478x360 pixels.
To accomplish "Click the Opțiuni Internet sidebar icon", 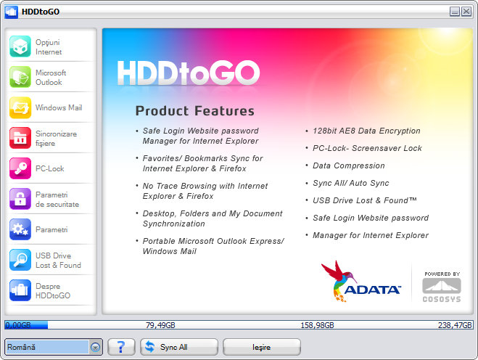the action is (x=20, y=46).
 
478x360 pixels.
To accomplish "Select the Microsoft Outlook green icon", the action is (x=20, y=77).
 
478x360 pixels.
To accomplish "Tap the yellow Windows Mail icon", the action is (x=20, y=107).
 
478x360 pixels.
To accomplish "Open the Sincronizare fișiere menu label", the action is (x=56, y=139).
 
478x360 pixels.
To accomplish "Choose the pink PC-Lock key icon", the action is (x=20, y=168).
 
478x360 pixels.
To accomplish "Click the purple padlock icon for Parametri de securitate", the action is (x=20, y=199).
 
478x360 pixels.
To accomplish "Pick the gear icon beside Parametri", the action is (x=20, y=229).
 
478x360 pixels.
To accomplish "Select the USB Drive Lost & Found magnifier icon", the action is (x=20, y=260).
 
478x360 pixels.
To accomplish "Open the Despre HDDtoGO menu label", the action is (x=53, y=291).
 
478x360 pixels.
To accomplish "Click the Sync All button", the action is (x=179, y=347).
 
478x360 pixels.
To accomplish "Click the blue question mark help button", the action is (x=121, y=347).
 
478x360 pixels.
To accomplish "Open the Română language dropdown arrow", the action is (x=96, y=347).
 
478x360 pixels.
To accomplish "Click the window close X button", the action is (x=466, y=12).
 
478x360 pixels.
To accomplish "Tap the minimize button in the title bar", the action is (x=455, y=12).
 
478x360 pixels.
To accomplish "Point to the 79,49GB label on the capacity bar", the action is (x=160, y=325).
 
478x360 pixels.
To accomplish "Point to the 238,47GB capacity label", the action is (x=455, y=325).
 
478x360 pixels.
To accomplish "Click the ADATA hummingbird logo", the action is (x=361, y=282).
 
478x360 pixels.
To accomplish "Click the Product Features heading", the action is (x=195, y=111).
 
